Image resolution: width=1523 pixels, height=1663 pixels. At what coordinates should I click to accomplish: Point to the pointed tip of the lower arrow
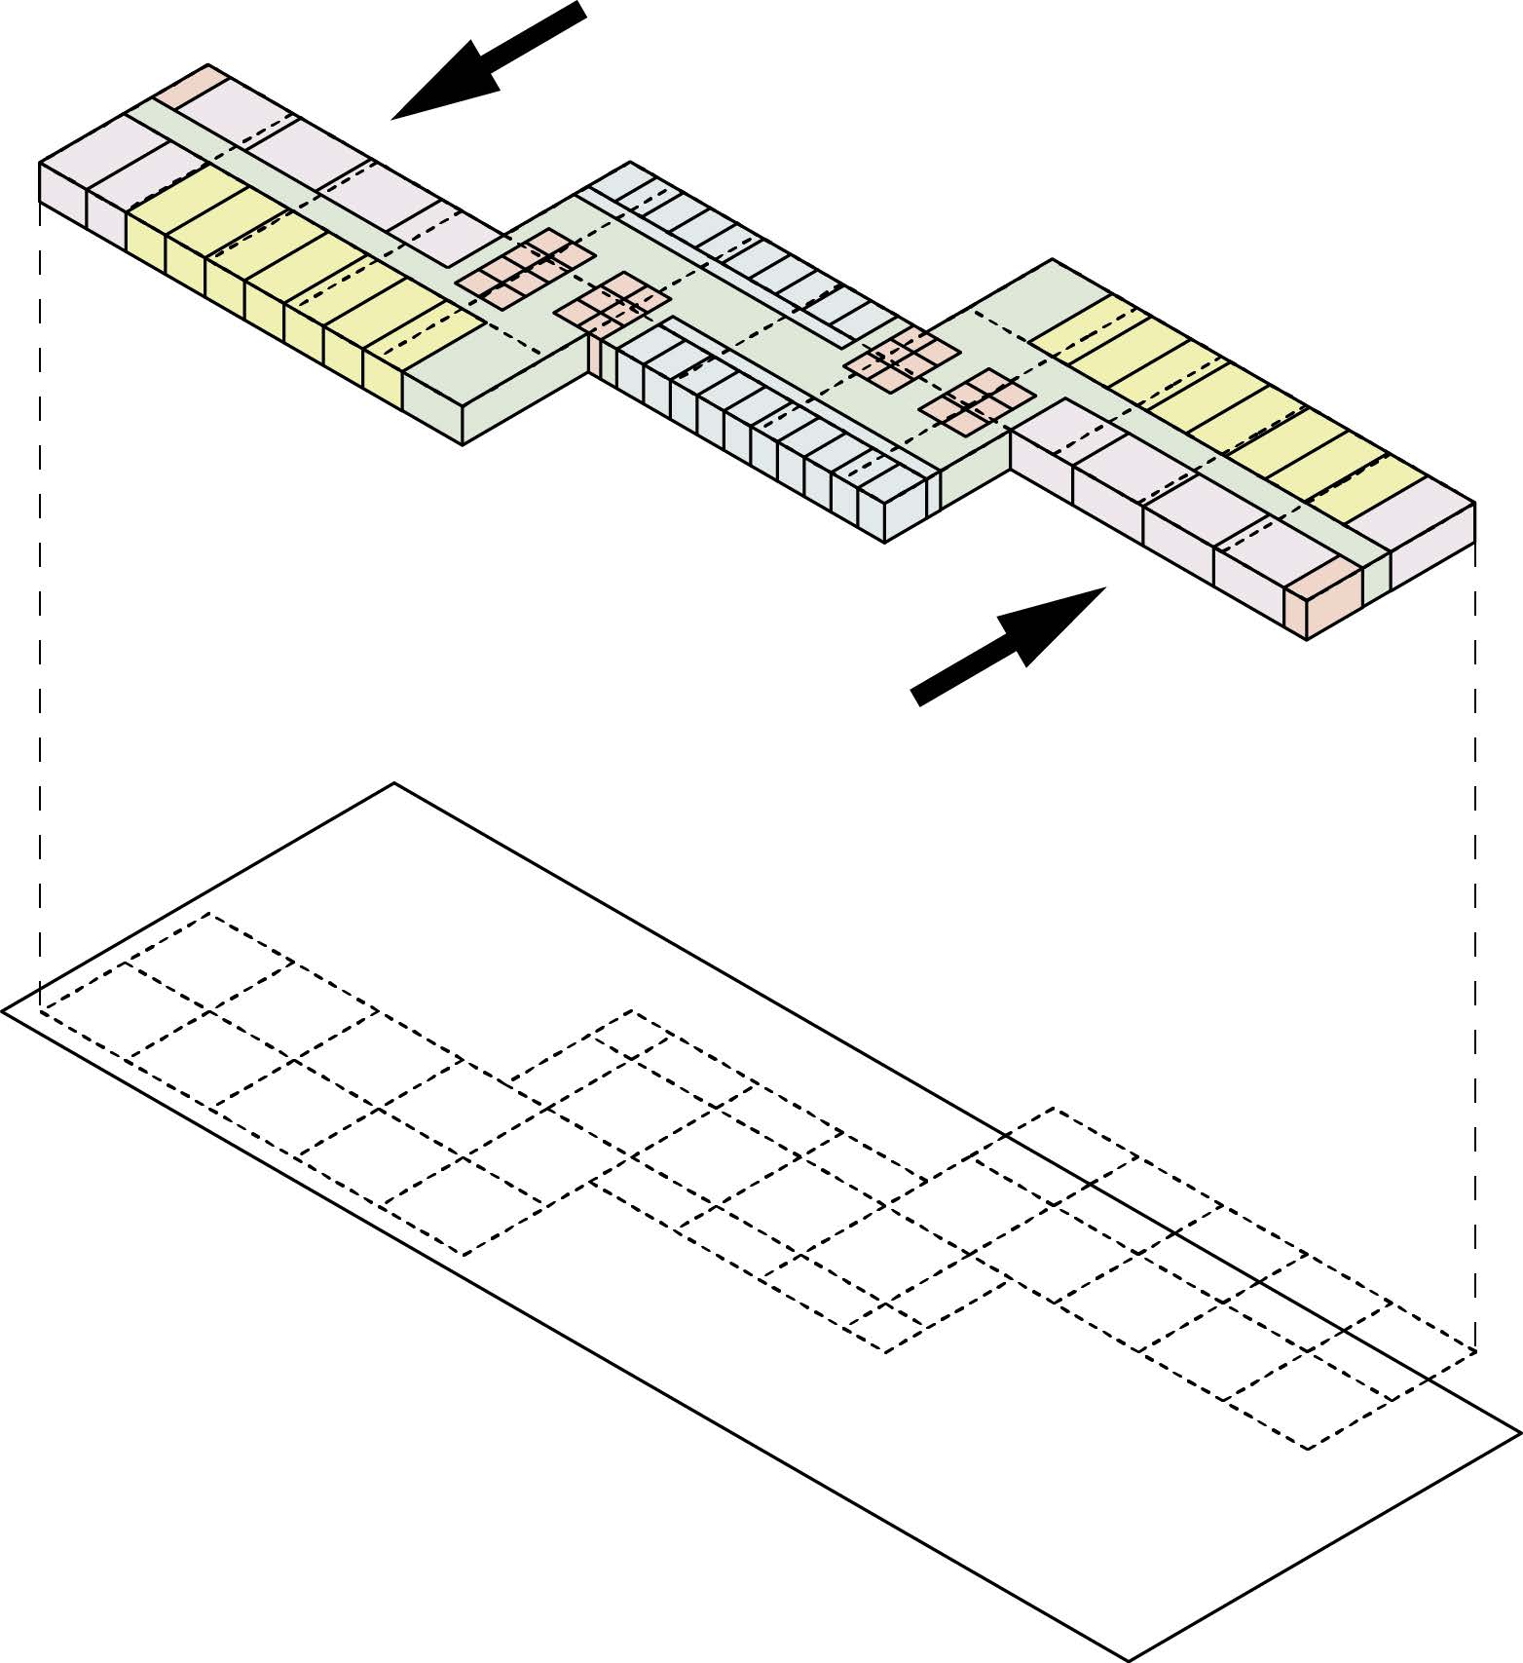coord(1104,588)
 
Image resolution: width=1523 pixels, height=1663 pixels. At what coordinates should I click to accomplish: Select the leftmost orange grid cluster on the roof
coord(526,269)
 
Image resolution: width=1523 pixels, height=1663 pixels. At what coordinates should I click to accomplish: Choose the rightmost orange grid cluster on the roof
coord(977,400)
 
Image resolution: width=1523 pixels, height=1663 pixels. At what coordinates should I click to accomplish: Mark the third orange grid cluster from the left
coord(903,358)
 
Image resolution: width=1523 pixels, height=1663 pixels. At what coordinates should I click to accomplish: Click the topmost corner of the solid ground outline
coord(393,783)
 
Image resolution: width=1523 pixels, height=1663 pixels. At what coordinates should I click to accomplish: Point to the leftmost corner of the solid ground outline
coord(3,1012)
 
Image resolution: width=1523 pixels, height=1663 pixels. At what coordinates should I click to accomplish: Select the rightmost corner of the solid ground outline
coord(1519,1432)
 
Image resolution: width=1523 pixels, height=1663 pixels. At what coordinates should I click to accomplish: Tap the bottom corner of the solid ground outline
coord(1128,1659)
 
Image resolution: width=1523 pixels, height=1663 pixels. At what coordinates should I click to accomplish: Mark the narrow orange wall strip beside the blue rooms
coord(593,355)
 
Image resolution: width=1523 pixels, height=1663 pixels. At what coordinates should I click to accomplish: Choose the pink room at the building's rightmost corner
coord(1431,555)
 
